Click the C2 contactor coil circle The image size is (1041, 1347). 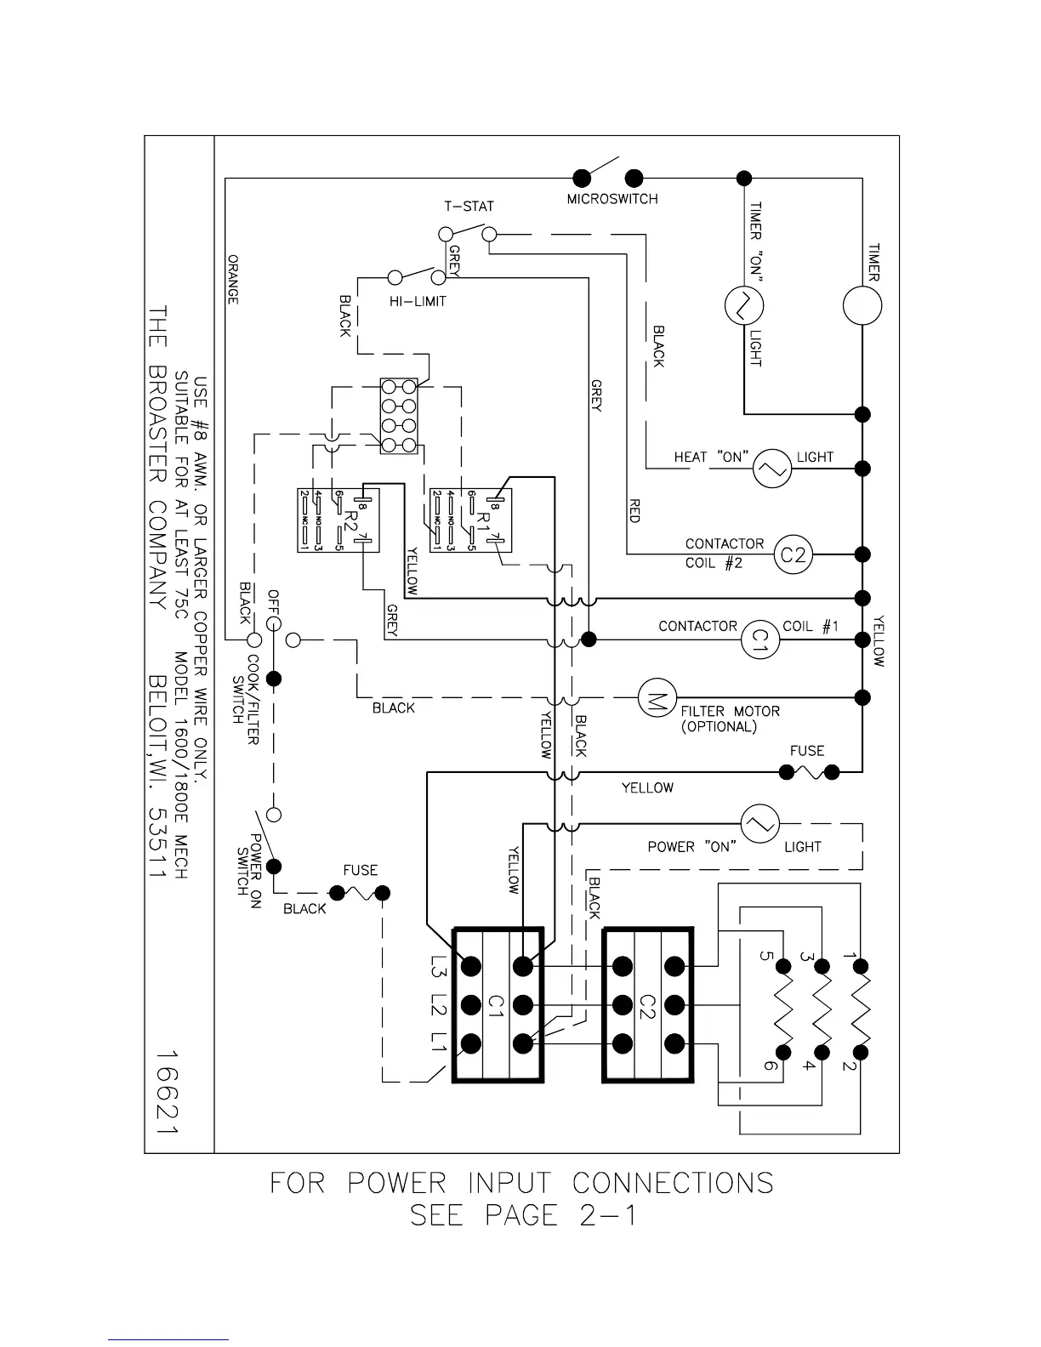[x=793, y=555]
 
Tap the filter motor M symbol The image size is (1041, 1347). [x=656, y=696]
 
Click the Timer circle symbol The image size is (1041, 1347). [x=862, y=306]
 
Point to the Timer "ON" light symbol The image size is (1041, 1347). [x=743, y=306]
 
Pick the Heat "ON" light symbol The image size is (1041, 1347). [x=772, y=469]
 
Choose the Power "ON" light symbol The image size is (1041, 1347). [x=759, y=822]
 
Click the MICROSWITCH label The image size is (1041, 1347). [x=612, y=199]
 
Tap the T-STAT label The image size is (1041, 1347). [x=469, y=206]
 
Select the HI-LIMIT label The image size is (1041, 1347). [x=418, y=301]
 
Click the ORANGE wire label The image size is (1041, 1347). [x=233, y=279]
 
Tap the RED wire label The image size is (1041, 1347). [x=634, y=511]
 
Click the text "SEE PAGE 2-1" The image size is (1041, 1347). [x=522, y=1214]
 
